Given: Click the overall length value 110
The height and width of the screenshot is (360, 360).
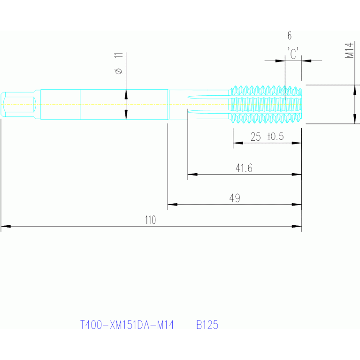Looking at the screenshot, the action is (x=150, y=220).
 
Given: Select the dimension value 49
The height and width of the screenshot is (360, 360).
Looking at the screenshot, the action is (x=235, y=198).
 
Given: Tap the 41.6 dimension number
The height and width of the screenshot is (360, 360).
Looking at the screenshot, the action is (x=244, y=168).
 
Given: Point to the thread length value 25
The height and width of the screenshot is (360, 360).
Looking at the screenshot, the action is (x=255, y=137).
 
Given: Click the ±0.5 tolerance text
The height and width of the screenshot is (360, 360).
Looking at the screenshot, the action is (x=276, y=137).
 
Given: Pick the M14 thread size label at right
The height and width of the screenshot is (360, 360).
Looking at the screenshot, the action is (x=349, y=50).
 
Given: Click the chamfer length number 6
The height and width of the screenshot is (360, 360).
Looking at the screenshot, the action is (x=290, y=35).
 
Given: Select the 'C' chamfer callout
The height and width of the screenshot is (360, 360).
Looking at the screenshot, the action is (x=293, y=53).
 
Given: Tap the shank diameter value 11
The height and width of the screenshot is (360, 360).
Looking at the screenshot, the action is (x=118, y=55).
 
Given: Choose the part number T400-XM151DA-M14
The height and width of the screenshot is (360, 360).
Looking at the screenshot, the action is (x=127, y=325).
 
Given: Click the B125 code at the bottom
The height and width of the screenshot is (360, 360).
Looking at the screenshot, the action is (x=207, y=325).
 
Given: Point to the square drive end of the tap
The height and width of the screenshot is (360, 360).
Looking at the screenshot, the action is (x=18, y=105).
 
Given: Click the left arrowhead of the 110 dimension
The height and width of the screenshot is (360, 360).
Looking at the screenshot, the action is (x=6, y=226).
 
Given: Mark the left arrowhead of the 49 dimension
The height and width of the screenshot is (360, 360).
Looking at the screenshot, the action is (x=172, y=204).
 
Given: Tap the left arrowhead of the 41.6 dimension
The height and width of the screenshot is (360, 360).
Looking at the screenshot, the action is (x=192, y=175).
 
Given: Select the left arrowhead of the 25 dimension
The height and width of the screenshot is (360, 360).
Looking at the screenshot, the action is (x=238, y=143).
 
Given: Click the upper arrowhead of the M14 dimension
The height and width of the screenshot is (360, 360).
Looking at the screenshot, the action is (x=355, y=90).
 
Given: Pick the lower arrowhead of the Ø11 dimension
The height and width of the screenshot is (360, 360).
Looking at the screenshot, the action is (x=126, y=115).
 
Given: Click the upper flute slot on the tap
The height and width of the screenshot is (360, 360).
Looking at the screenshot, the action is (x=209, y=97).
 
